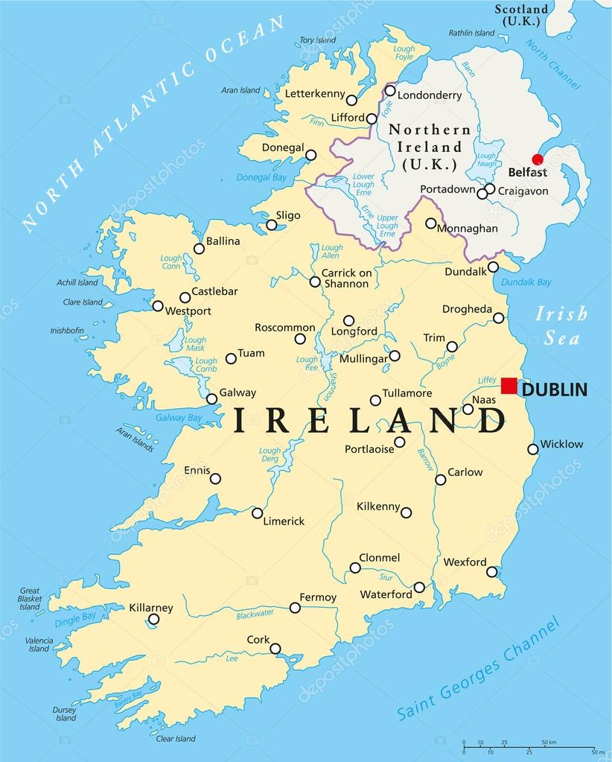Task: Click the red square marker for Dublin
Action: pyautogui.click(x=509, y=386)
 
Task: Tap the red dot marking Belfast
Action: pyautogui.click(x=537, y=159)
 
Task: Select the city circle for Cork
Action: pyautogui.click(x=275, y=649)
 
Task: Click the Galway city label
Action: pyautogui.click(x=237, y=393)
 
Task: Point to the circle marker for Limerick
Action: pyautogui.click(x=257, y=512)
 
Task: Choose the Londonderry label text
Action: pyautogui.click(x=430, y=95)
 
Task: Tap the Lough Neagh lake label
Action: pyautogui.click(x=486, y=161)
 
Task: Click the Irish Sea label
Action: pyautogui.click(x=561, y=326)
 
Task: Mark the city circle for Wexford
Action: pyautogui.click(x=491, y=572)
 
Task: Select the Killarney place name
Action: pyautogui.click(x=151, y=607)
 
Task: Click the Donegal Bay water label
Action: pyautogui.click(x=261, y=177)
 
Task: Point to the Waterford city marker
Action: pyautogui.click(x=419, y=587)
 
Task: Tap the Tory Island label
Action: pyautogui.click(x=317, y=40)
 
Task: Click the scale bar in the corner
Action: pyautogui.click(x=528, y=747)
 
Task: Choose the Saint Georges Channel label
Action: pyautogui.click(x=477, y=670)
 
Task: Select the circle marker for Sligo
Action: pyautogui.click(x=271, y=224)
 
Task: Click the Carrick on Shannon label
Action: pyautogui.click(x=346, y=278)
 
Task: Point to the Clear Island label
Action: pyautogui.click(x=176, y=739)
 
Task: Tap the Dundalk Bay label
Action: pyautogui.click(x=526, y=282)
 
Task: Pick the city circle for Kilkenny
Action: pyautogui.click(x=406, y=512)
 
